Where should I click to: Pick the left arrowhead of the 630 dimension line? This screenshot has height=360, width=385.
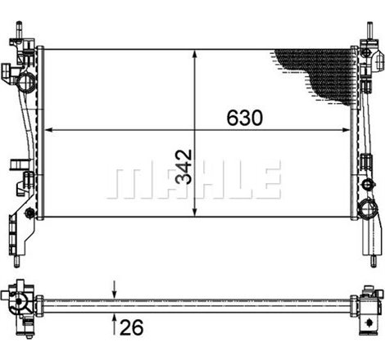coord(48,129)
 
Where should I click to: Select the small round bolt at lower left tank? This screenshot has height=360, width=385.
coord(30,214)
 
